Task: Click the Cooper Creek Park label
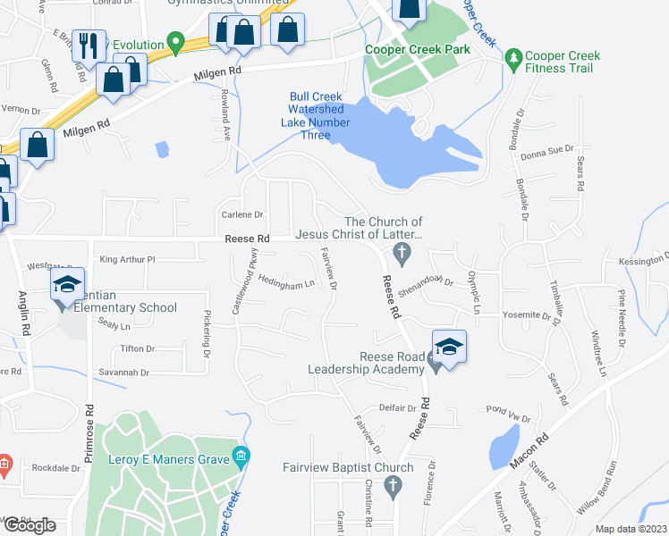[x=417, y=50]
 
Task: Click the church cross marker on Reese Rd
[x=402, y=255]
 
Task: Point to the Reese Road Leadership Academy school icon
[x=449, y=347]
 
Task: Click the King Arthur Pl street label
[x=128, y=260]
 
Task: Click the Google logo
[x=30, y=525]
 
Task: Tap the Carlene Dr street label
[x=242, y=214]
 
